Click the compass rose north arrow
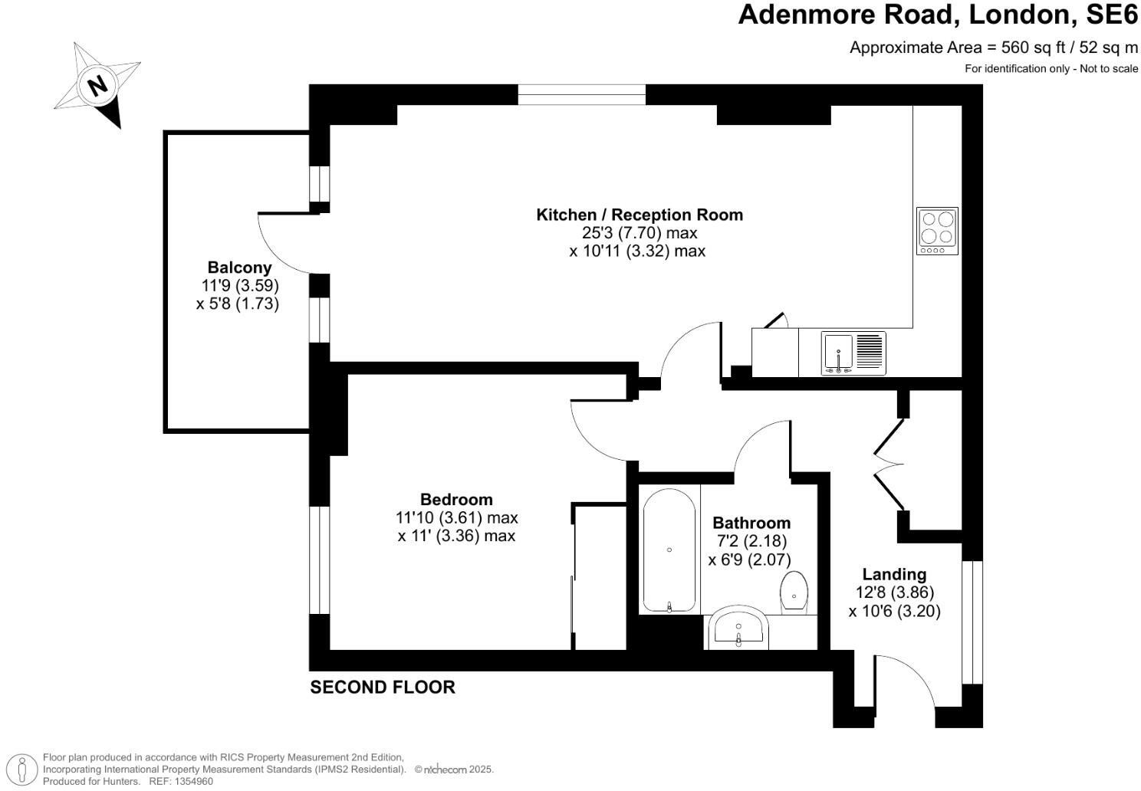(x=97, y=85)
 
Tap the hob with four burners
(x=937, y=231)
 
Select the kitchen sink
(x=853, y=353)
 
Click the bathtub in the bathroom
(x=669, y=550)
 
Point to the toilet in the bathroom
(x=794, y=591)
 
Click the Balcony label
(x=239, y=267)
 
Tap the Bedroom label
(x=456, y=500)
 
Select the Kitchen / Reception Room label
(x=639, y=215)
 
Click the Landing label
(x=894, y=574)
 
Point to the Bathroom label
(x=751, y=523)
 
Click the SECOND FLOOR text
(x=382, y=688)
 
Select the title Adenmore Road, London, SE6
(x=937, y=15)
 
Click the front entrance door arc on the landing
(x=909, y=678)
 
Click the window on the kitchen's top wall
(x=581, y=95)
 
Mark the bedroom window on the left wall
(x=319, y=560)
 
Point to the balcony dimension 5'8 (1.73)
(x=237, y=304)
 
